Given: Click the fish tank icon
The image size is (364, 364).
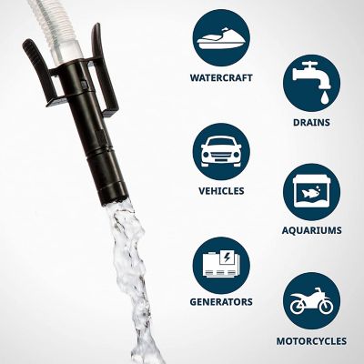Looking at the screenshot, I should pos(310,192).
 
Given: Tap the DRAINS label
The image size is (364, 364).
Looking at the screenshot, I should pos(310,121).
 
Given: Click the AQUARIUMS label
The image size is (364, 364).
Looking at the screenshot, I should pos(310,230).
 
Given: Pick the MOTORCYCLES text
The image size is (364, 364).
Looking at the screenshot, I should pos(310,341).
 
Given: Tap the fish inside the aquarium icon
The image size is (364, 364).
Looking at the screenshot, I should pos(311,192).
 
